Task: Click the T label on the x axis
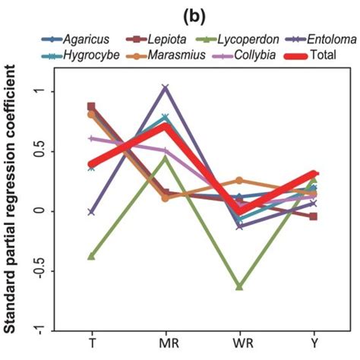click(x=92, y=343)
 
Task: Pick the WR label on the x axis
click(x=240, y=343)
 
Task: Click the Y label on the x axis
click(x=314, y=343)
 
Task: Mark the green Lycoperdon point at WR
click(x=240, y=287)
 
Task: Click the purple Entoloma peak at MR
click(x=166, y=88)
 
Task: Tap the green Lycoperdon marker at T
click(x=92, y=257)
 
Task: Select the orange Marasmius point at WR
click(x=240, y=181)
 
